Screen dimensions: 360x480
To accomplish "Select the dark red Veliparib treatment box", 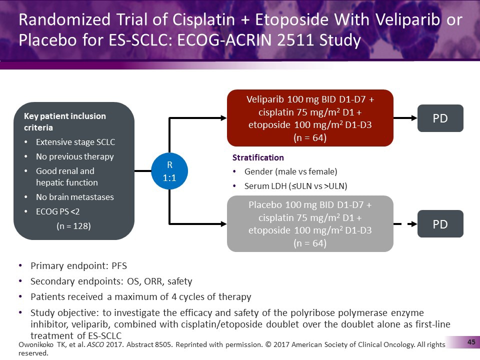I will tap(310, 118).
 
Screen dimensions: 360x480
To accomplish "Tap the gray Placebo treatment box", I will tap(310, 224).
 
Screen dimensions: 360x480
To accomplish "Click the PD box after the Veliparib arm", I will tap(440, 118).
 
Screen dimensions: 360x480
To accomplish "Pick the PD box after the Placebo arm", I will tap(440, 224).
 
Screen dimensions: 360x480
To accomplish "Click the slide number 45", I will tap(470, 342).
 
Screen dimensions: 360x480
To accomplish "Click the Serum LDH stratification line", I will tap(295, 186).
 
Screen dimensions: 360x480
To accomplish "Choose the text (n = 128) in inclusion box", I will tap(73, 225).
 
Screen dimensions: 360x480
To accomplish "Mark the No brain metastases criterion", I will tap(74, 197).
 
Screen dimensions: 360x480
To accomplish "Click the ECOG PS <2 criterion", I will tap(57, 211).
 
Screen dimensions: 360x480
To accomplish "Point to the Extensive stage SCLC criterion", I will tap(75, 142).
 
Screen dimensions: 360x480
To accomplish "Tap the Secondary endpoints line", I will tap(111, 281).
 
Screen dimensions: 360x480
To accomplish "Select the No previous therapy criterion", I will tap(74, 156).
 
